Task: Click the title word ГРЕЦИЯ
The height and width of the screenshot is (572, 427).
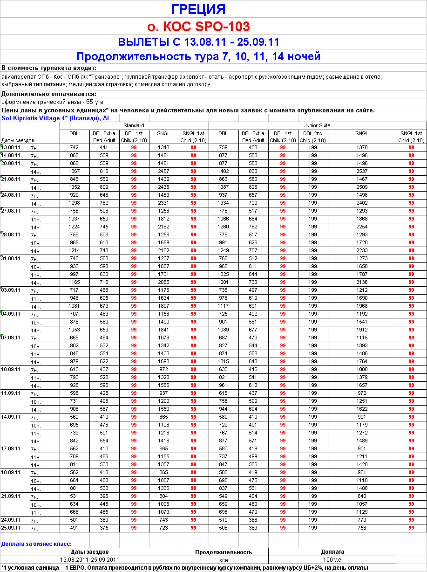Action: click(198, 9)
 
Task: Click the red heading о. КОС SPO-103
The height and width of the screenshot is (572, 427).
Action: click(198, 26)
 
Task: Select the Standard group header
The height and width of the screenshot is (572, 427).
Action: click(134, 125)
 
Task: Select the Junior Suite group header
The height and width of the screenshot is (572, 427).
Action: click(317, 125)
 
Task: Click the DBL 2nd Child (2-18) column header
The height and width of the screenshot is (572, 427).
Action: click(312, 137)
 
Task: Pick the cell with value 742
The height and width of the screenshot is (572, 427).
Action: click(75, 147)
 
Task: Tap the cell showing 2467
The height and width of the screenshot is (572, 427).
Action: click(163, 172)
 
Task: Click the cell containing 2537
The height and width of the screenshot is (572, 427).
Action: click(361, 172)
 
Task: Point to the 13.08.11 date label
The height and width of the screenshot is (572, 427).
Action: click(10, 147)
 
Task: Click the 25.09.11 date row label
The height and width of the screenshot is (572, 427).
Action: click(10, 528)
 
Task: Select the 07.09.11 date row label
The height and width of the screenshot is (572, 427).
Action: click(10, 337)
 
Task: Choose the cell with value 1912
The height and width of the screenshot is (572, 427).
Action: click(361, 330)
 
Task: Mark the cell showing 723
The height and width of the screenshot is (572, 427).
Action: click(163, 528)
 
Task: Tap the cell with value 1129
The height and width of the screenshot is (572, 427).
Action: click(361, 512)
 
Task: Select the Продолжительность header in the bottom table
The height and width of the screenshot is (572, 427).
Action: click(224, 552)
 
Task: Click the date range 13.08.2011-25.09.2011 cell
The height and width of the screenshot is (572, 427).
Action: click(90, 559)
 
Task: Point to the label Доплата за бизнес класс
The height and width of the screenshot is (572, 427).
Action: click(36, 544)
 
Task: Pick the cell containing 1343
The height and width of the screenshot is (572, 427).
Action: click(163, 147)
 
